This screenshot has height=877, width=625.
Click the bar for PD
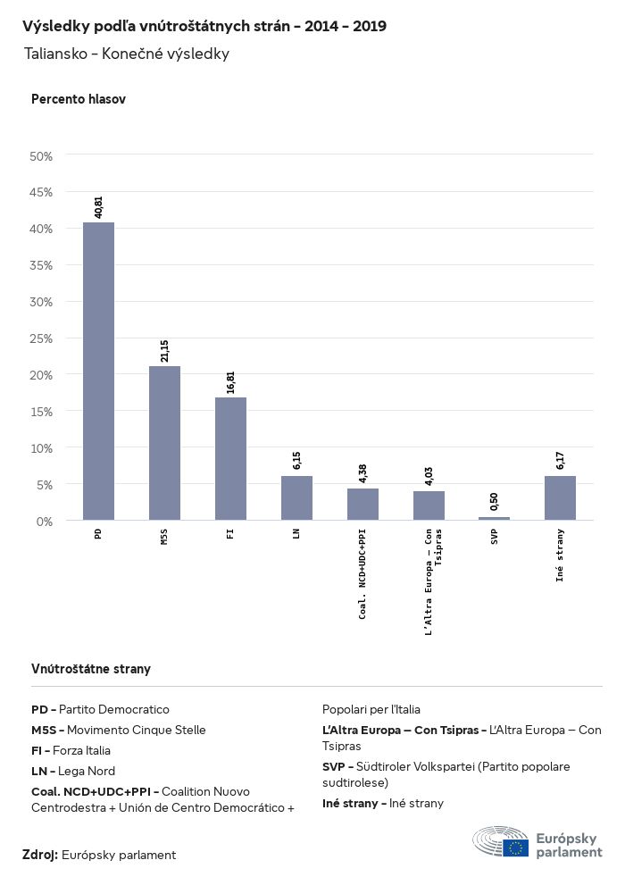(x=98, y=371)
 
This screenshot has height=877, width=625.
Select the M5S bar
(x=164, y=443)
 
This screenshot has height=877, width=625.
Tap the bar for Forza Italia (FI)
(x=230, y=458)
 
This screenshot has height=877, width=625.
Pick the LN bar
(x=296, y=497)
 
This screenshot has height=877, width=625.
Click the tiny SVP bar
(x=494, y=518)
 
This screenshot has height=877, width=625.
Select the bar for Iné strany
(x=560, y=497)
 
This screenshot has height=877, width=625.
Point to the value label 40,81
(x=98, y=206)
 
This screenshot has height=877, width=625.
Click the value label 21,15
(x=164, y=350)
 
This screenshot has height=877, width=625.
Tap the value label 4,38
(x=362, y=472)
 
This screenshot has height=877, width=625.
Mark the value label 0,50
(x=494, y=501)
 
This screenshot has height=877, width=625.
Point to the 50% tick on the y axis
(x=42, y=156)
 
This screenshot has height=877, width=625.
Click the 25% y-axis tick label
(x=42, y=338)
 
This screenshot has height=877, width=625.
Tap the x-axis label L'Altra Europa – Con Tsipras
(x=433, y=580)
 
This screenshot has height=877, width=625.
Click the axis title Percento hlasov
(x=79, y=99)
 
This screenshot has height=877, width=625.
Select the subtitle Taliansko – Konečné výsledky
(x=127, y=54)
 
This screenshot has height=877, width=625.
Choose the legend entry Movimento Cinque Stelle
(x=119, y=730)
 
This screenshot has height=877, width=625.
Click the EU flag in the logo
(x=515, y=848)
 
